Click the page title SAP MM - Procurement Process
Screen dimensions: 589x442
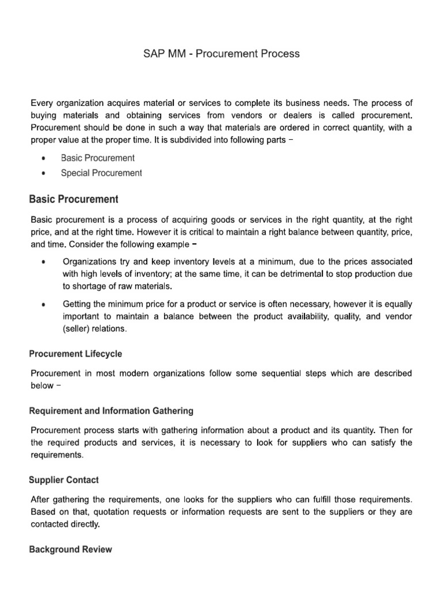coord(221,54)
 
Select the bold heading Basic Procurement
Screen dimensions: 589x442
coord(74,199)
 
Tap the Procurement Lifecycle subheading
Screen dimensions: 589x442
coord(75,354)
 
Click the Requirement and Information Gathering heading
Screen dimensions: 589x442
coord(111,411)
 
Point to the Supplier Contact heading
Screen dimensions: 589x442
coord(64,479)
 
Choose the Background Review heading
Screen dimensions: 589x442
coord(70,549)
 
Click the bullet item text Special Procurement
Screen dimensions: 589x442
coord(101,173)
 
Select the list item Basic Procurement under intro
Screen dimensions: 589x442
coord(97,158)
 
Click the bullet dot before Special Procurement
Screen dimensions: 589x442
coord(44,173)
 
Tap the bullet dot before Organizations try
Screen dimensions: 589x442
coord(44,262)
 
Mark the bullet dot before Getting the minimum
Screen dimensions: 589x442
coord(44,304)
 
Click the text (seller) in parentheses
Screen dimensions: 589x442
coord(75,329)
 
